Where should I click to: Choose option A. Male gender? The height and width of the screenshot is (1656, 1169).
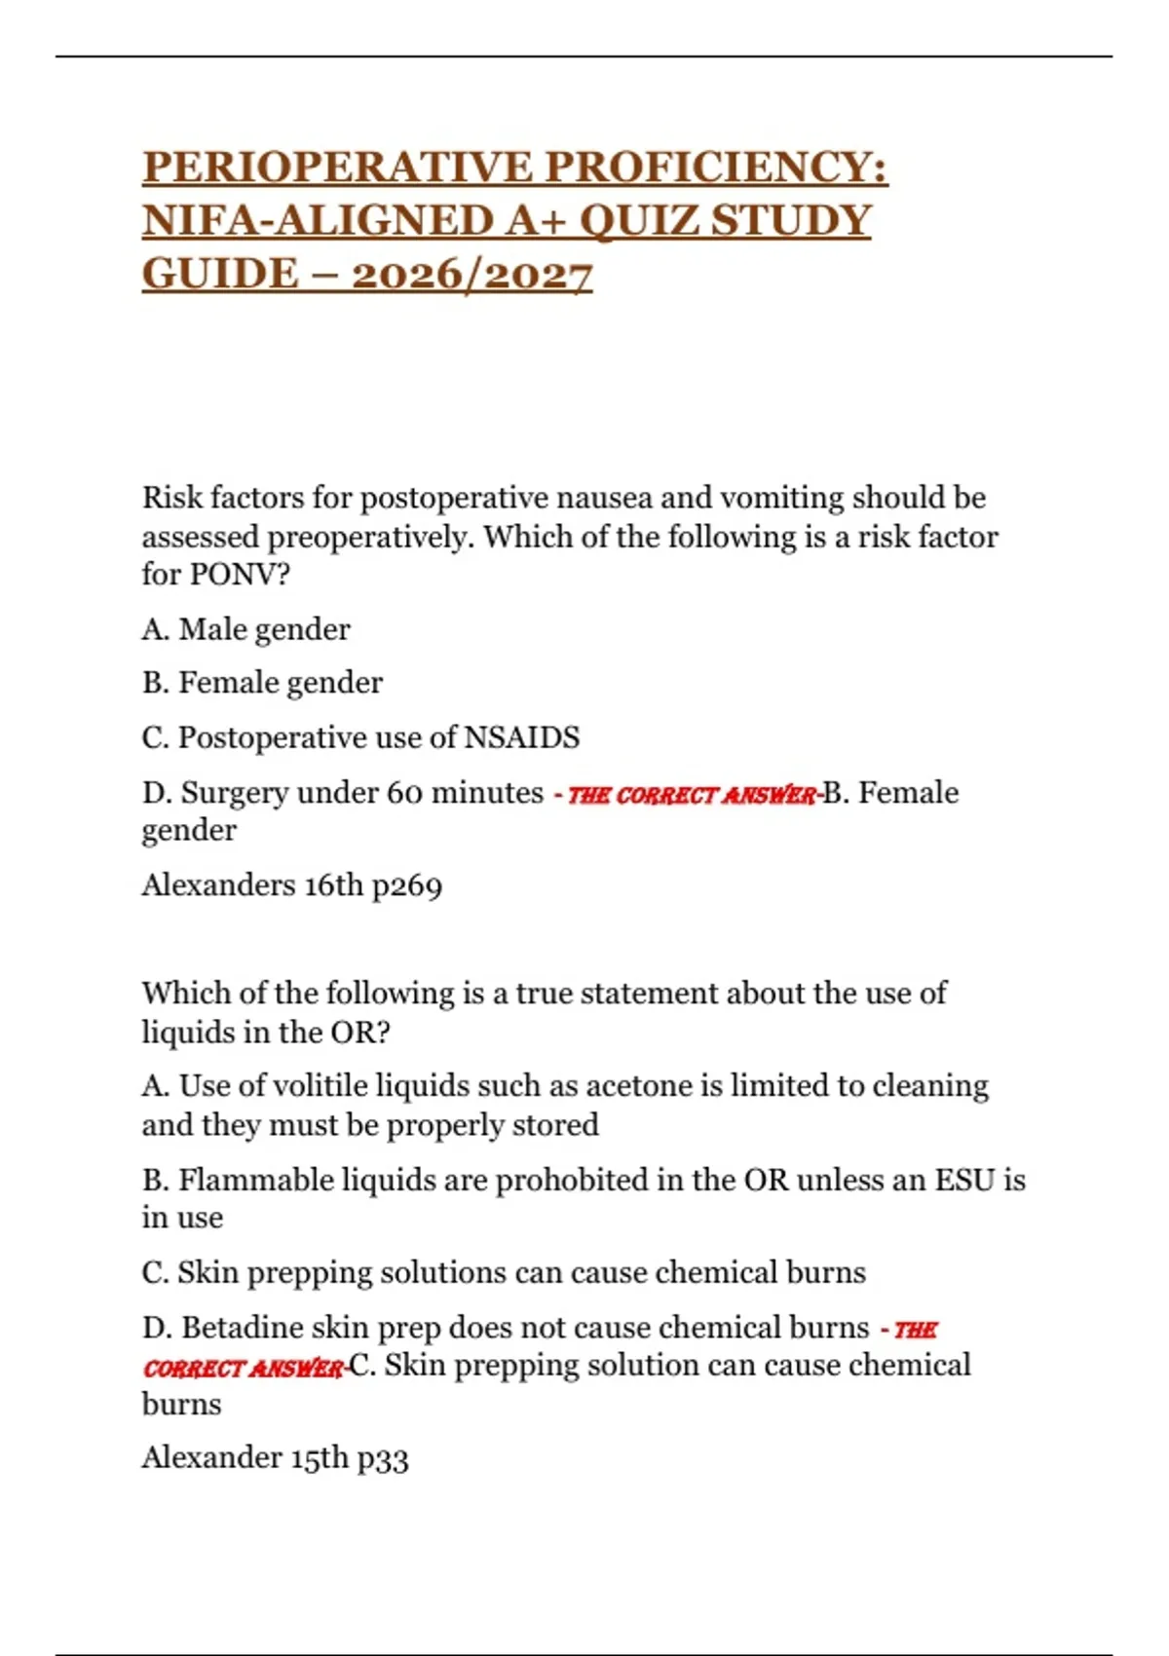pyautogui.click(x=245, y=629)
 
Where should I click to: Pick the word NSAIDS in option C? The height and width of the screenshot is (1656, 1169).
pyautogui.click(x=521, y=737)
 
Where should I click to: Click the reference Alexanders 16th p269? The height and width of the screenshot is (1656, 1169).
pyautogui.click(x=291, y=884)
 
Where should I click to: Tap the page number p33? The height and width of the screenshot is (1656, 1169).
pyautogui.click(x=383, y=1457)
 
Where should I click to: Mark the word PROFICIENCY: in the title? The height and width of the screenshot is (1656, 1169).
pyautogui.click(x=716, y=167)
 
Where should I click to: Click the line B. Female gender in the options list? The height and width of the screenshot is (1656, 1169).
pyautogui.click(x=262, y=683)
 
